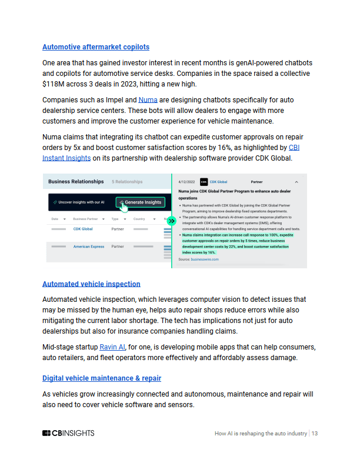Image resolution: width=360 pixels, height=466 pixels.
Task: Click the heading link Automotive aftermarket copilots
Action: pyautogui.click(x=96, y=46)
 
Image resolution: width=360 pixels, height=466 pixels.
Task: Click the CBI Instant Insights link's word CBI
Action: pyautogui.click(x=294, y=148)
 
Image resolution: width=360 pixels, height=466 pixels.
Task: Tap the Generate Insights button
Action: pyautogui.click(x=140, y=202)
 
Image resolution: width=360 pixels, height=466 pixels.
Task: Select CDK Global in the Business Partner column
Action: pyautogui.click(x=83, y=229)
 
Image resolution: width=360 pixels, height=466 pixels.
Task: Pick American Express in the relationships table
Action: pyautogui.click(x=88, y=247)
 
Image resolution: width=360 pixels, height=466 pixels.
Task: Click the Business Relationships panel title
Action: pyautogui.click(x=76, y=182)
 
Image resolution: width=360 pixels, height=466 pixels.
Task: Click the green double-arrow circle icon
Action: pyautogui.click(x=171, y=221)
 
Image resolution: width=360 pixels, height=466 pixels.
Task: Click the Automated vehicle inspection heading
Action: pyautogui.click(x=91, y=284)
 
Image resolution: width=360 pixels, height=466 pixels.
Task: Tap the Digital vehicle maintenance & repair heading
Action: pyautogui.click(x=102, y=378)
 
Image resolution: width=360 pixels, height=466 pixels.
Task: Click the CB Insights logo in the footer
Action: pyautogui.click(x=68, y=434)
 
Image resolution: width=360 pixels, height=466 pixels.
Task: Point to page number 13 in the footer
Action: pyautogui.click(x=315, y=434)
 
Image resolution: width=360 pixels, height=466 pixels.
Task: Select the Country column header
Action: pyautogui.click(x=139, y=219)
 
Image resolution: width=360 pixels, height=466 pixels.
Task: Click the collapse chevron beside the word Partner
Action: pyautogui.click(x=296, y=182)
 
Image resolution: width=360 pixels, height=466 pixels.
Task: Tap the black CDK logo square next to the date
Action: pyautogui.click(x=204, y=182)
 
